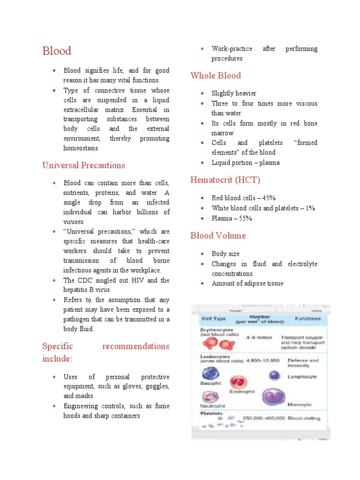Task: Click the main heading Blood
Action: pos(57,51)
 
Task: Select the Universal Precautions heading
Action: pos(83,165)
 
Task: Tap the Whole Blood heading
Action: pos(216,76)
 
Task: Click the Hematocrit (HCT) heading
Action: pos(225,180)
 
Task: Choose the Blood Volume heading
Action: pos(218,236)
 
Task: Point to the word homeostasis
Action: pos(82,148)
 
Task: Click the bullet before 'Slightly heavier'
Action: pos(202,94)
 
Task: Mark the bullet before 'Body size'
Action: pos(202,254)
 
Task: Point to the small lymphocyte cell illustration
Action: pos(275,375)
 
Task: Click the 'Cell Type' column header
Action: pos(213,319)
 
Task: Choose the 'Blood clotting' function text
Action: pos(304,419)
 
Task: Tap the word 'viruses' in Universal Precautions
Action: pos(74,222)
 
